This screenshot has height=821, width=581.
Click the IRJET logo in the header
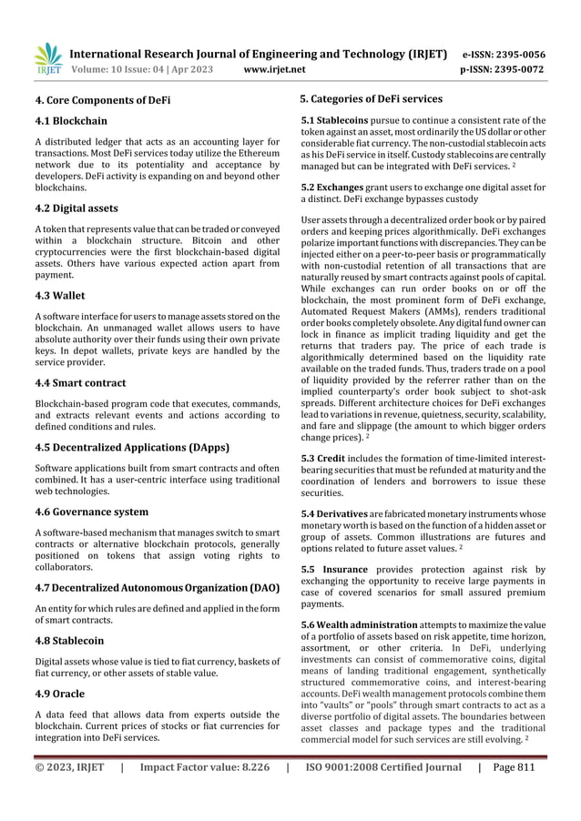47,56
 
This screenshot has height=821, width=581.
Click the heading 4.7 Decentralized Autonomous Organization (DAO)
157,576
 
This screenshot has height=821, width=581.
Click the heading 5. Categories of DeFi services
372,98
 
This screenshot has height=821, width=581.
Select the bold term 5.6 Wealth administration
360,623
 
